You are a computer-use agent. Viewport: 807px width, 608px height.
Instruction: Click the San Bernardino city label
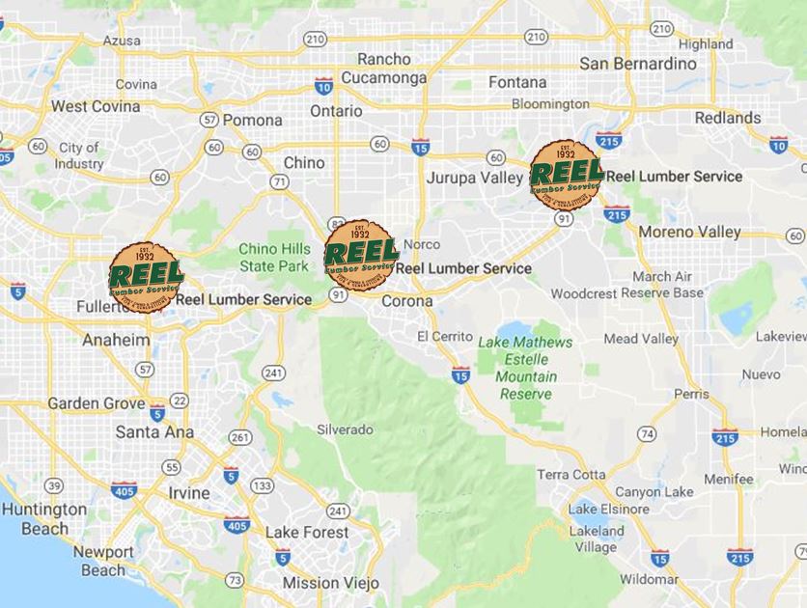click(637, 64)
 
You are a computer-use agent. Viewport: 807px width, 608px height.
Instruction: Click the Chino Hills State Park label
click(275, 256)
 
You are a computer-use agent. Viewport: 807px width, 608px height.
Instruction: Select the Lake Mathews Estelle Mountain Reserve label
click(525, 368)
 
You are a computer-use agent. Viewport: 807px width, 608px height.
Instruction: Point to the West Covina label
click(96, 106)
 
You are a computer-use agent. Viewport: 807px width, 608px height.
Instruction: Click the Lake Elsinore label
click(607, 509)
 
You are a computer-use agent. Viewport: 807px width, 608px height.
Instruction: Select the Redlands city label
click(728, 118)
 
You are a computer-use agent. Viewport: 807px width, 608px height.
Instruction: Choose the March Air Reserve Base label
click(662, 284)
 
